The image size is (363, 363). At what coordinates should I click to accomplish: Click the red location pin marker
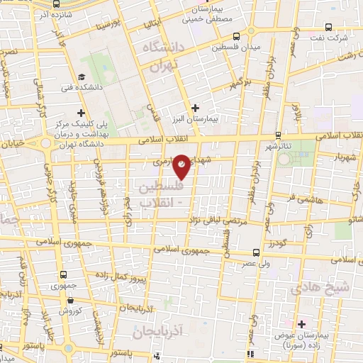click(182, 165)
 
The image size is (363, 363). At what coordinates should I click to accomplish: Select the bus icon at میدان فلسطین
click(236, 36)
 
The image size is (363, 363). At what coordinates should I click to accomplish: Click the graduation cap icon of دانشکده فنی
click(83, 77)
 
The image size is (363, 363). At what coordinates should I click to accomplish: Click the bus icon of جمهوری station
click(64, 274)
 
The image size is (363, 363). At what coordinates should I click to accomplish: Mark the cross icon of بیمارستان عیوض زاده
click(301, 324)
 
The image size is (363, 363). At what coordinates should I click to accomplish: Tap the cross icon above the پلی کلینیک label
click(82, 112)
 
